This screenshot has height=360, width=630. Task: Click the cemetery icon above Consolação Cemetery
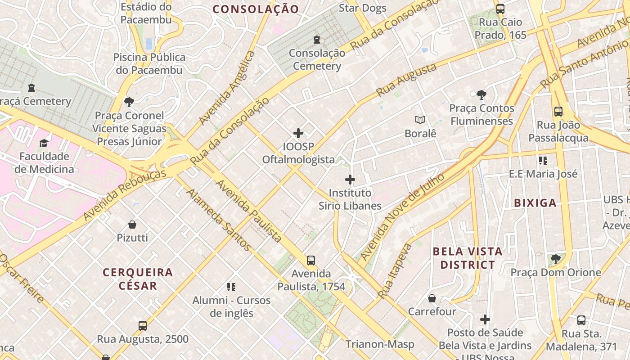click(317, 40)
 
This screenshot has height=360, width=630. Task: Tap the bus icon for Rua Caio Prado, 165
click(500, 9)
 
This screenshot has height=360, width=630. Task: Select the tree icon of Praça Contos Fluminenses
click(481, 95)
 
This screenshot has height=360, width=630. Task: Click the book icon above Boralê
click(420, 120)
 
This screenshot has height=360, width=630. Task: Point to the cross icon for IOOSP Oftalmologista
click(298, 133)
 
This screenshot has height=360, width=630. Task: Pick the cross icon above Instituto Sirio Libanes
click(350, 180)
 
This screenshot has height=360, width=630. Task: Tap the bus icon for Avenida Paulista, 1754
click(310, 260)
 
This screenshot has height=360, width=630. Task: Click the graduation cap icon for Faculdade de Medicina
click(44, 143)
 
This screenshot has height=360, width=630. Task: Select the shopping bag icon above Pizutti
click(132, 224)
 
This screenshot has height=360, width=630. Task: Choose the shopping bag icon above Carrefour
click(432, 298)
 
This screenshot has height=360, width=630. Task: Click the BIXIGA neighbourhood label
click(535, 203)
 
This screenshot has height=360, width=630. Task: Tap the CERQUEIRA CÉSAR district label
click(138, 279)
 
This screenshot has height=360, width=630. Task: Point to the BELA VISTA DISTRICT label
click(468, 258)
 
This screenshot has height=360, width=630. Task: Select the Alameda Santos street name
click(219, 220)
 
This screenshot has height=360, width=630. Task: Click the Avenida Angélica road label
click(227, 88)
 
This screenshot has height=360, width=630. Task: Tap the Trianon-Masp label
click(380, 344)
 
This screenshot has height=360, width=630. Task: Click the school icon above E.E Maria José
click(543, 161)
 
